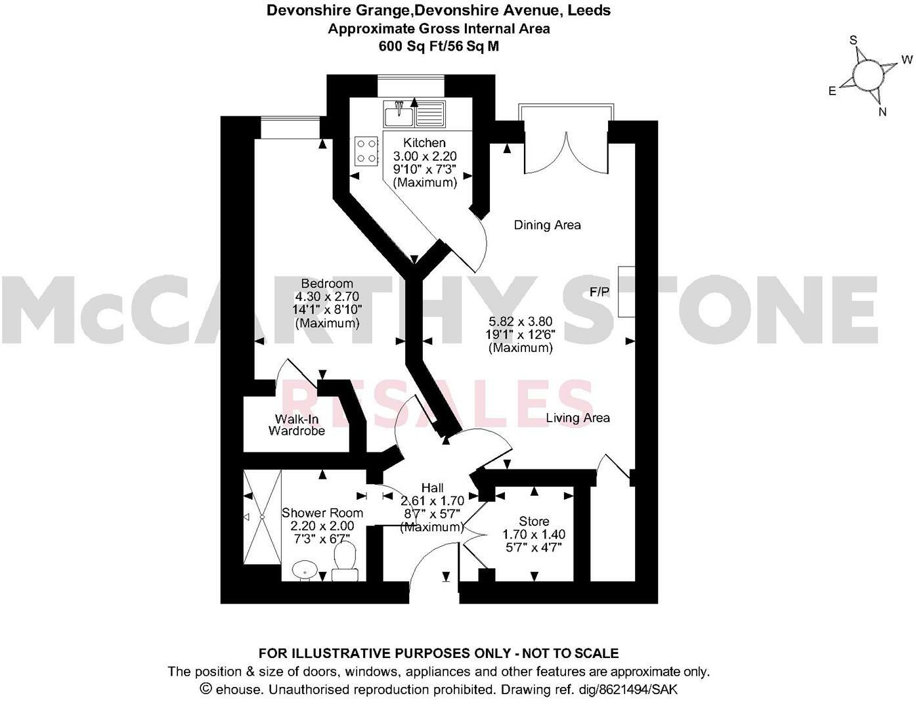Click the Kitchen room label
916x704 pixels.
(x=424, y=143)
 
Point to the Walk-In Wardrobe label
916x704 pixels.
(x=299, y=425)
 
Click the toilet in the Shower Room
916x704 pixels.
(x=345, y=562)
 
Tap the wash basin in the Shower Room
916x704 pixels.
(x=303, y=569)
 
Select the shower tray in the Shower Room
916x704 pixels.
(x=262, y=518)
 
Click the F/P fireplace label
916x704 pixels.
(x=599, y=292)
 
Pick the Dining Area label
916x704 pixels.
(x=547, y=225)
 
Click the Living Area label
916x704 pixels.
(x=578, y=418)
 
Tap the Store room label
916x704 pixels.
(x=534, y=521)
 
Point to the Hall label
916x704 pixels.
(x=432, y=488)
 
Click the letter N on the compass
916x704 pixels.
(x=883, y=112)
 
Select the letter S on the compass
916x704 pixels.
(x=854, y=40)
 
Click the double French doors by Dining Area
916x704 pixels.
(x=566, y=151)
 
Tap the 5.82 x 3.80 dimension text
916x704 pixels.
(x=520, y=322)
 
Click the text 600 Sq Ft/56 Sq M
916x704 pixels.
(x=439, y=46)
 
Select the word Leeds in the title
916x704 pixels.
(x=589, y=11)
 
